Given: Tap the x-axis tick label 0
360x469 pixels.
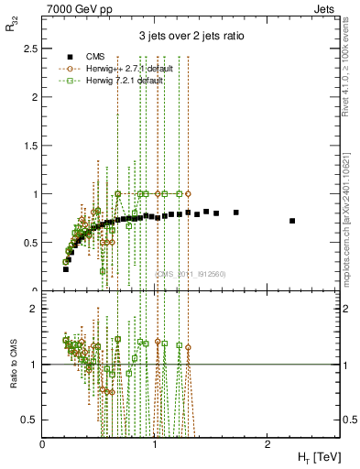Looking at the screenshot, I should pyautogui.click(x=43, y=443).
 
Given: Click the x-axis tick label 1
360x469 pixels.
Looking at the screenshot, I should pyautogui.click(x=155, y=443).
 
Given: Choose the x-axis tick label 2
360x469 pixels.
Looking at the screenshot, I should pyautogui.click(x=267, y=443).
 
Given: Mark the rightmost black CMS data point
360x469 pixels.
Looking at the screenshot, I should pyautogui.click(x=292, y=221).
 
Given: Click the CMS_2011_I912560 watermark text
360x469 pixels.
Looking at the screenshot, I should pyautogui.click(x=191, y=274).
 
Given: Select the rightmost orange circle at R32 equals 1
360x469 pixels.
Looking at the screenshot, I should pyautogui.click(x=188, y=193).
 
